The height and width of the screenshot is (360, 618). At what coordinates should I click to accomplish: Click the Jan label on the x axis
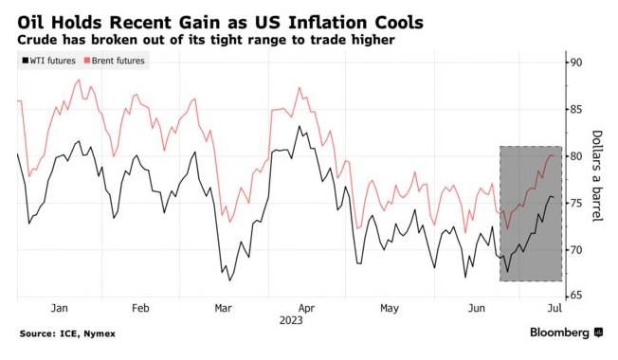coord(58,308)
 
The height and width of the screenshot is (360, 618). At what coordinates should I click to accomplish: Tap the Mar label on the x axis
coord(223,308)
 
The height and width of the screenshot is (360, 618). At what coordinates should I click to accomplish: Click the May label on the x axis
coord(389,308)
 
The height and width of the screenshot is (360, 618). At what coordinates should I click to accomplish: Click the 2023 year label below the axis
coord(291,320)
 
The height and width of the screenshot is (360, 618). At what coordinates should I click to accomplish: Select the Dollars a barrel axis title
coord(597,178)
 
